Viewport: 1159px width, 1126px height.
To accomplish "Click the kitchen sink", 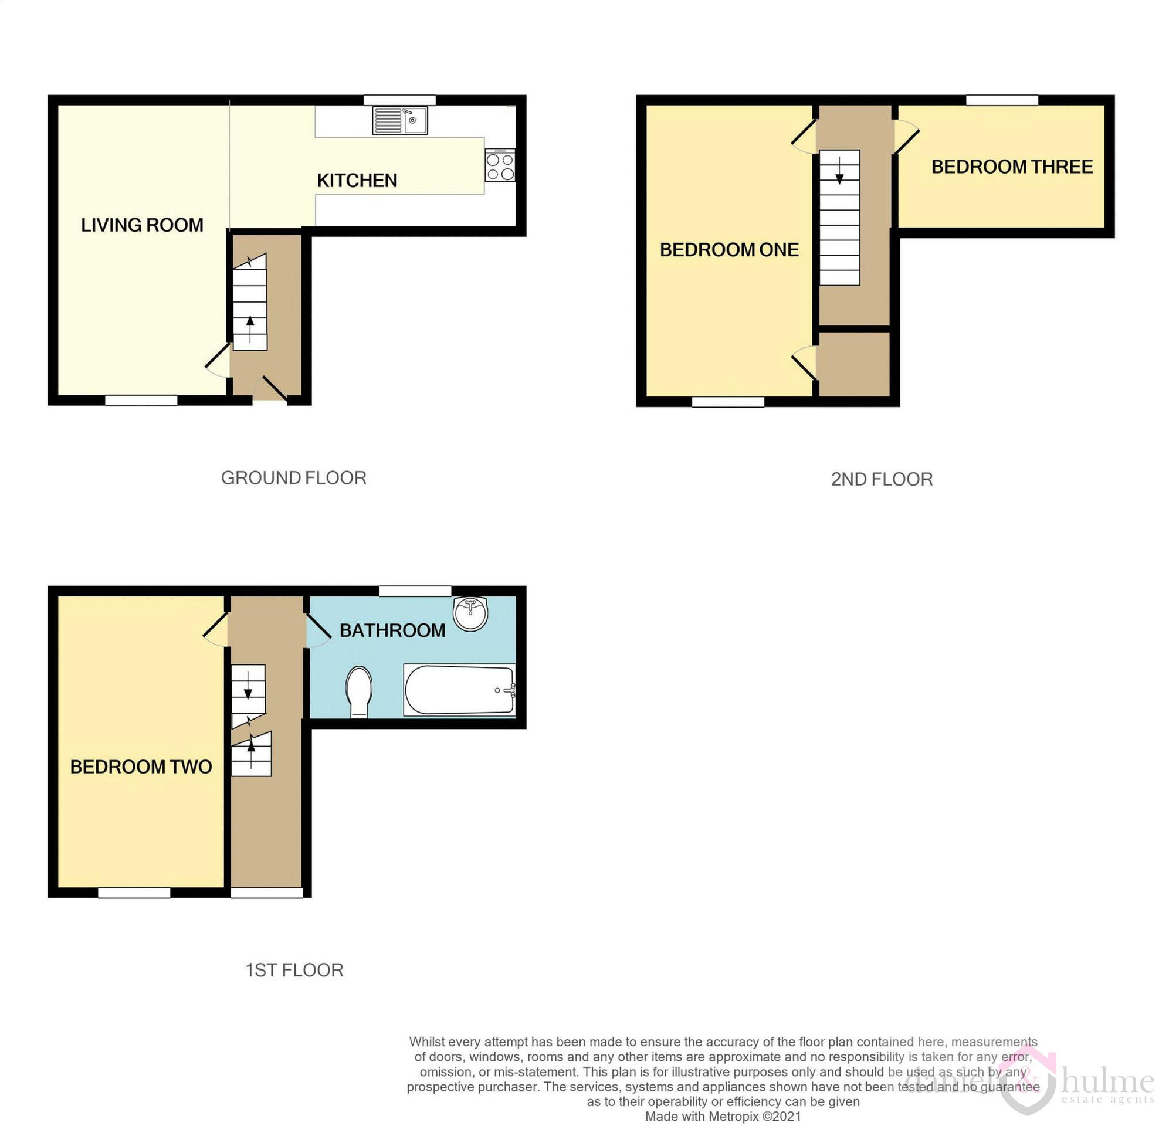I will [x=400, y=121].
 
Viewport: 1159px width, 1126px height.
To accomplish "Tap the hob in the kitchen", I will [x=500, y=166].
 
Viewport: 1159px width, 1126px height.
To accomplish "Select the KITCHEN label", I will [x=357, y=181].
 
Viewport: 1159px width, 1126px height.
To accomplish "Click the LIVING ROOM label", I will [x=142, y=225].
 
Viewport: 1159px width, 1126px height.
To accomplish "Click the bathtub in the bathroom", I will [x=459, y=690].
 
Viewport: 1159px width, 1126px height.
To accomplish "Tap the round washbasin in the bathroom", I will [x=470, y=613].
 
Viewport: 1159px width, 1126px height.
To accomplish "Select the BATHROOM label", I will [x=392, y=630].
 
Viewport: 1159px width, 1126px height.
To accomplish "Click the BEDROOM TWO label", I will [x=141, y=767].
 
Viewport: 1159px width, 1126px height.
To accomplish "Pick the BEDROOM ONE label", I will [x=729, y=250].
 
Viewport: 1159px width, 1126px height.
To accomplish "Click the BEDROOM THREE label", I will [x=1012, y=167].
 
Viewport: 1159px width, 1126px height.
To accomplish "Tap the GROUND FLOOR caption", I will [x=293, y=477].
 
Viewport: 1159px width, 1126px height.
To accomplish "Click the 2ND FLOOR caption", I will [x=882, y=479].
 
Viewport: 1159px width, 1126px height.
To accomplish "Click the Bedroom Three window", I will [x=1002, y=100].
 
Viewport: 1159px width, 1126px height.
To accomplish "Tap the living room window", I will [x=141, y=401].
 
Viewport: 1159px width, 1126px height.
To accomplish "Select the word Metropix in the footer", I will [x=733, y=1117].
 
